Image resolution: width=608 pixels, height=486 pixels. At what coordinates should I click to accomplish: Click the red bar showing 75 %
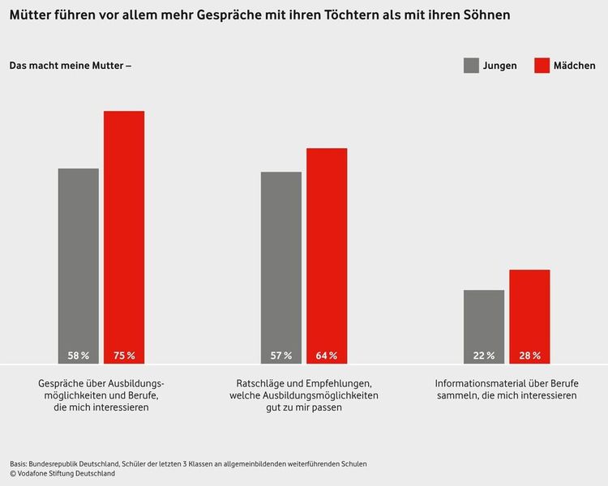(x=124, y=235)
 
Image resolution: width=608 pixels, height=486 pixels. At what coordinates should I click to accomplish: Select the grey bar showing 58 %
(x=78, y=263)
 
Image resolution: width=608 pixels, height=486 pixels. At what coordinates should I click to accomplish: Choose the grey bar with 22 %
(x=484, y=324)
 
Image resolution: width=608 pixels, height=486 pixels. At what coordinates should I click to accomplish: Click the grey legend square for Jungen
(x=471, y=66)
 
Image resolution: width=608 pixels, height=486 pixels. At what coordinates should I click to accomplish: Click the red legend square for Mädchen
(x=542, y=66)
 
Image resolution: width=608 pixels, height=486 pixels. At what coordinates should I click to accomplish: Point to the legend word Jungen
(x=500, y=66)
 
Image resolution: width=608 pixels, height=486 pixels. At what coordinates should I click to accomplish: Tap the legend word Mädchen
(x=574, y=66)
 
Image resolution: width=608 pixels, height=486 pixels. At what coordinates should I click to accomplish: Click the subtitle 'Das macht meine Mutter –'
(x=70, y=66)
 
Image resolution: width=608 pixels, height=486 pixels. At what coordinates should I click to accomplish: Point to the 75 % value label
(x=124, y=356)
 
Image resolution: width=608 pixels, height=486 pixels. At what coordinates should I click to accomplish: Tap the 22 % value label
(x=484, y=356)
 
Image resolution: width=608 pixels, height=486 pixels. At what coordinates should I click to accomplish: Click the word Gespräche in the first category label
(x=60, y=382)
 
